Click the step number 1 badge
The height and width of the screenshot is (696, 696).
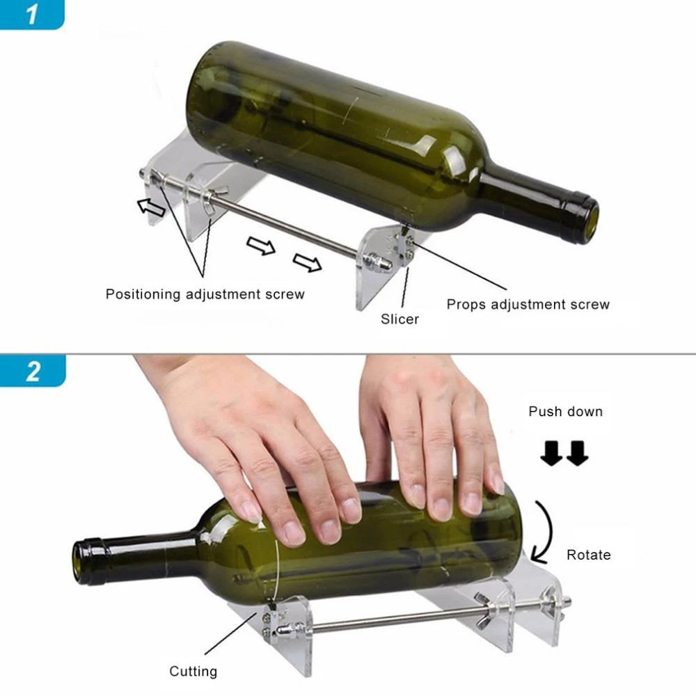(x=31, y=14)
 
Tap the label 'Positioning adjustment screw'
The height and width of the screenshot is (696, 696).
(x=205, y=294)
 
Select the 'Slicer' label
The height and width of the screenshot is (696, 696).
(x=400, y=319)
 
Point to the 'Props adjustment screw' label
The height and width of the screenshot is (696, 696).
(x=528, y=304)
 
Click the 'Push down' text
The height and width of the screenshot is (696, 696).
(x=565, y=411)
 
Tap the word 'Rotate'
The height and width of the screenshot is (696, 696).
(x=588, y=555)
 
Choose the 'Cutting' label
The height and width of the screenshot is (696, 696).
(x=193, y=672)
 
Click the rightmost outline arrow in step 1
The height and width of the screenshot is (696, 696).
(x=307, y=263)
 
